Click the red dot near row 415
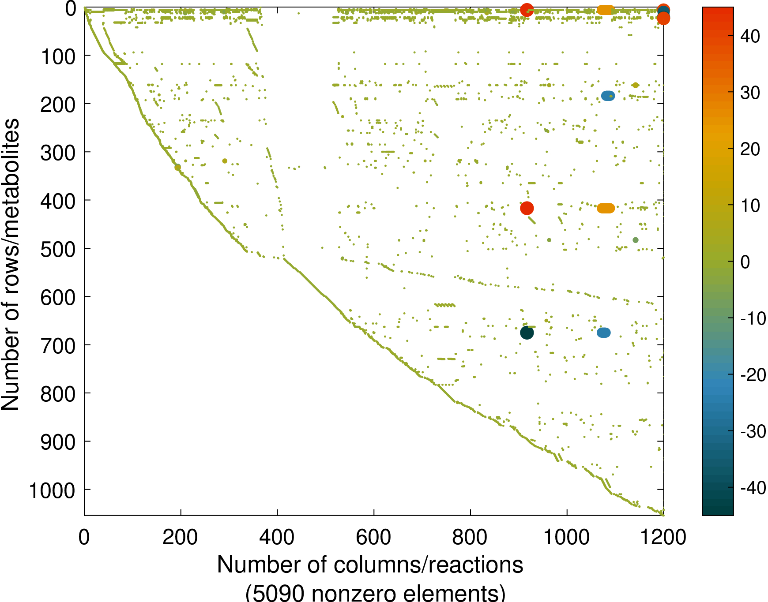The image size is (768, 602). (527, 208)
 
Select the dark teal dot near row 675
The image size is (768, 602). (527, 333)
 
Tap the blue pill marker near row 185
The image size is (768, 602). (608, 96)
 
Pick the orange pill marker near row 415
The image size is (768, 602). (606, 208)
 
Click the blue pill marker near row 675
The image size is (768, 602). (603, 333)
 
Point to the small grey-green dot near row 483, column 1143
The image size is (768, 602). (636, 240)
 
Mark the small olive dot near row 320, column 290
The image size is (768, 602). (225, 161)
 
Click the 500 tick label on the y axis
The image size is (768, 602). (58, 249)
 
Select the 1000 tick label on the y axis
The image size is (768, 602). (52, 490)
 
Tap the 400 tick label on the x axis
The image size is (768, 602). (277, 538)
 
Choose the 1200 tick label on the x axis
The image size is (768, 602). (663, 538)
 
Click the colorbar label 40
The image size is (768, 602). (750, 37)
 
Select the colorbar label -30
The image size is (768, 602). (753, 431)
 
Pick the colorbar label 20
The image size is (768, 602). (750, 150)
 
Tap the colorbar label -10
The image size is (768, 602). (753, 318)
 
